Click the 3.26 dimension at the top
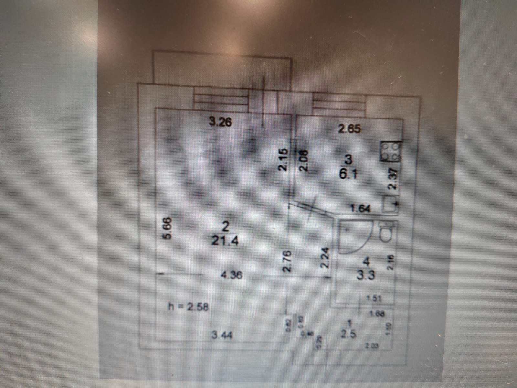point(220,122)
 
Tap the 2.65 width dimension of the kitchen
point(349,129)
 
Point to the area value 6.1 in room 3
point(348,175)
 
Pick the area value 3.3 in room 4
point(366,275)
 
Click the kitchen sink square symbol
point(388,204)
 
